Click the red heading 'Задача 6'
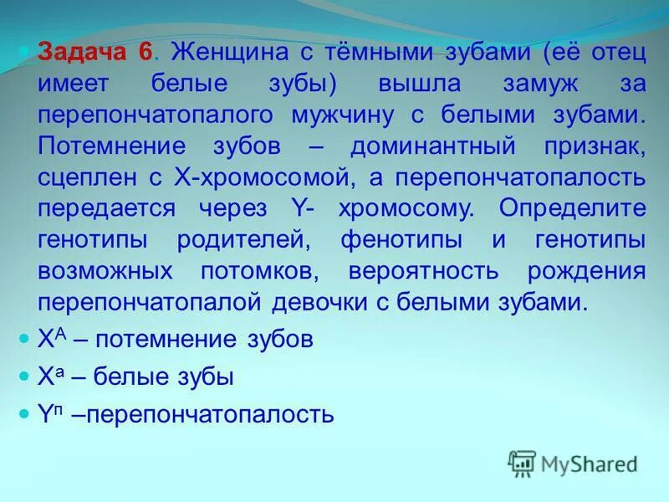click(95, 53)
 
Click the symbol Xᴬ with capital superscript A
click(49, 339)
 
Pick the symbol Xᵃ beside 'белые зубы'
click(49, 376)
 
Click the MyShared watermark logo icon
click(522, 464)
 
